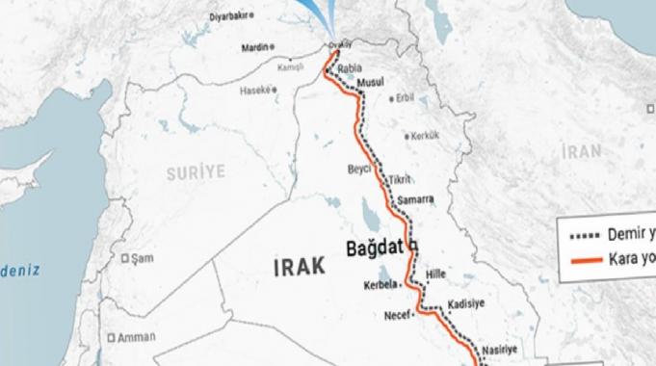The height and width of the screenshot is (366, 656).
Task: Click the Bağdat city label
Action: [x=374, y=248]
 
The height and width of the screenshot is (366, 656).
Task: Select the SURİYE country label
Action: [x=195, y=171]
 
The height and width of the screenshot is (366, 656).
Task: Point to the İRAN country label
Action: [x=583, y=151]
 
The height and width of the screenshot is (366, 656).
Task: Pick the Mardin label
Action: [x=256, y=46]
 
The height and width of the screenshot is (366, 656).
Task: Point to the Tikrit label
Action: [x=399, y=180]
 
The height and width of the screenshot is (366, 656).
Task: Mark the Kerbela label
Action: [x=381, y=285]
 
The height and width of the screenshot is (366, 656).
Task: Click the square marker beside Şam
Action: [x=126, y=258]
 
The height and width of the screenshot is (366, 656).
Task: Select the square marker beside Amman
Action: [x=112, y=338]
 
